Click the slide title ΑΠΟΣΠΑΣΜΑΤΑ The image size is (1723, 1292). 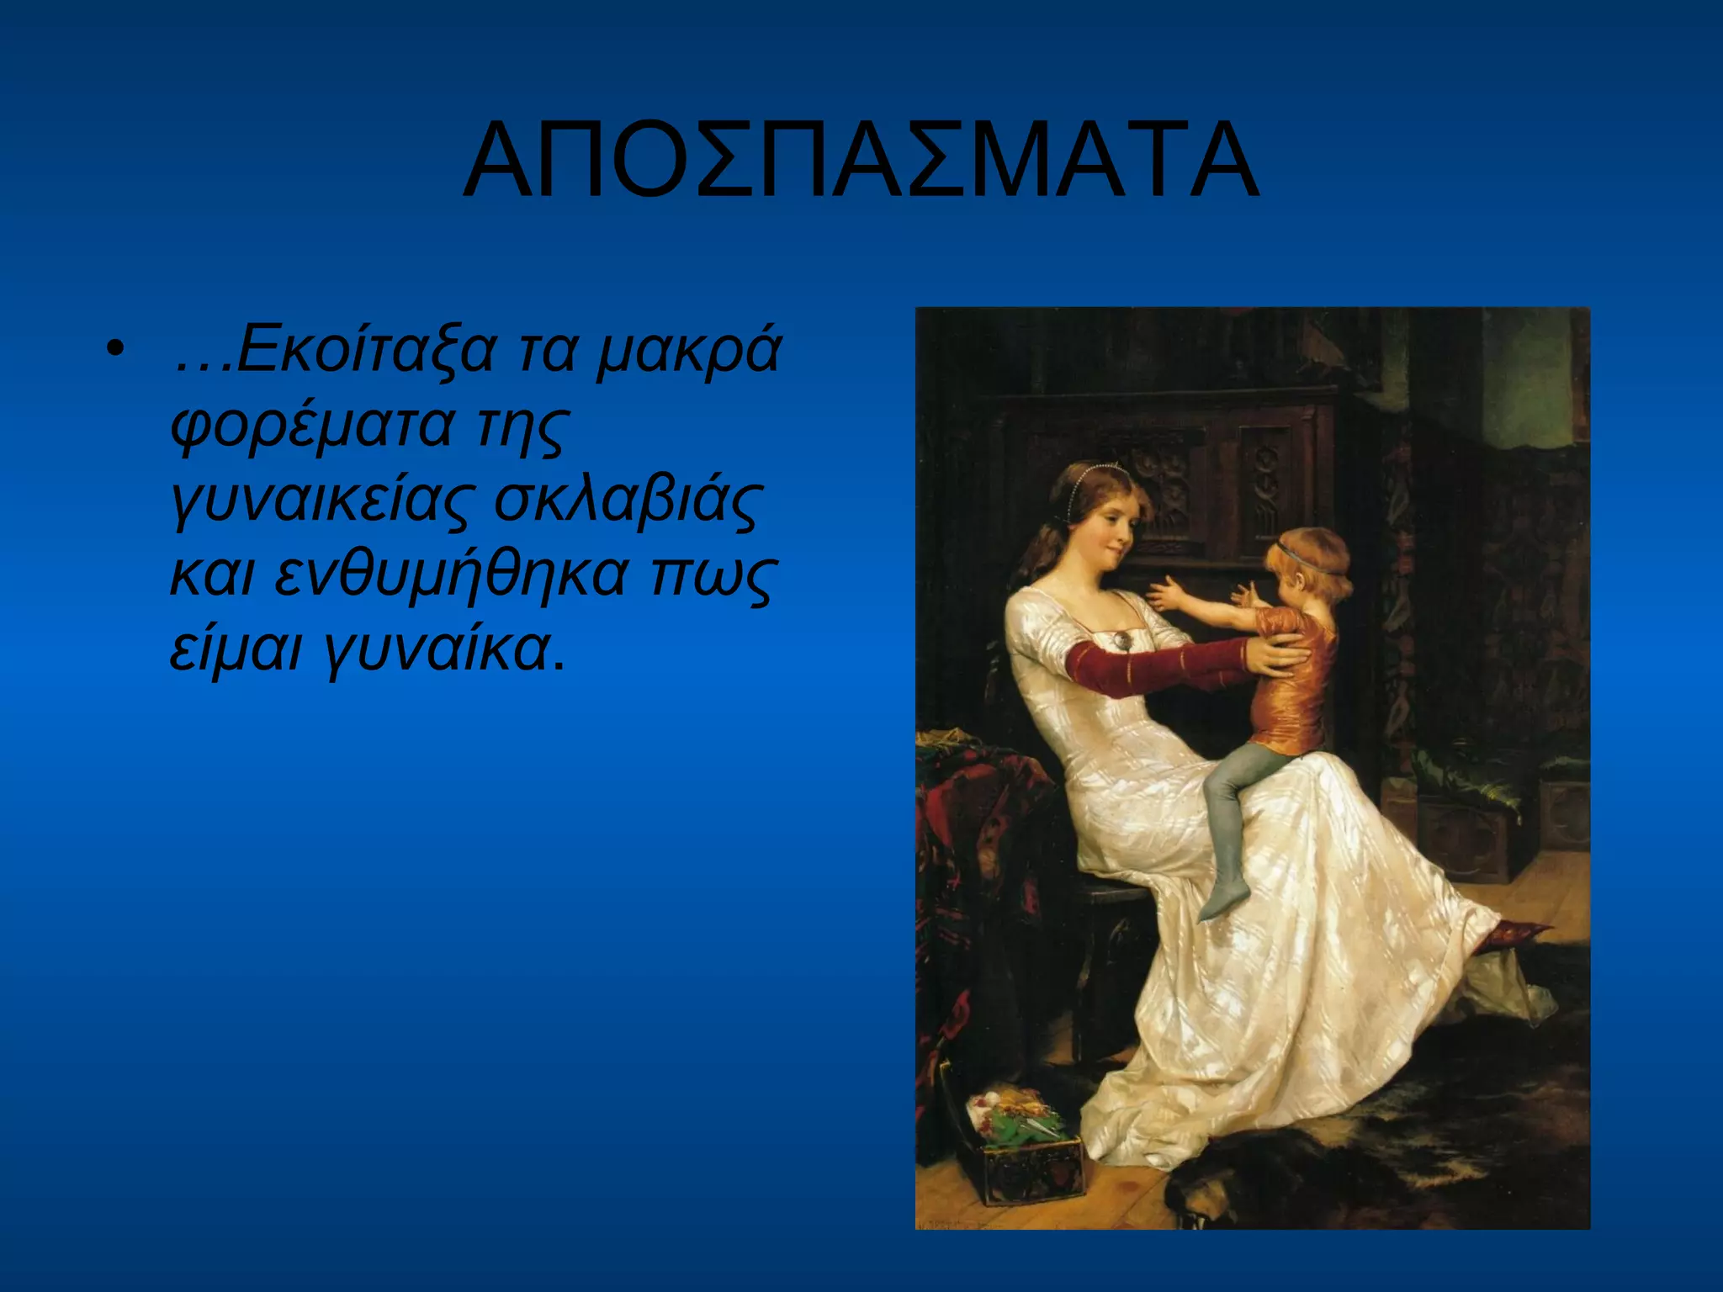861,161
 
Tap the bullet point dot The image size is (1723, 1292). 115,349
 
